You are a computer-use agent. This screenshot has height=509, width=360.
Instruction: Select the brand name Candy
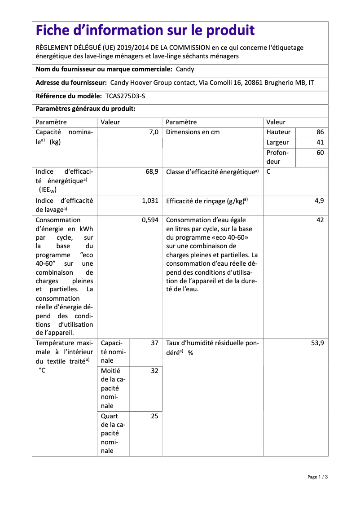coord(185,69)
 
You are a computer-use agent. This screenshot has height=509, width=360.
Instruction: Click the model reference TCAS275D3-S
coord(125,96)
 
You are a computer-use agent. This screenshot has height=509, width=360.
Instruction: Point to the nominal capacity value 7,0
coord(154,132)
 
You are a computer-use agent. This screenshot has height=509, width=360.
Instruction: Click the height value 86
coord(320,132)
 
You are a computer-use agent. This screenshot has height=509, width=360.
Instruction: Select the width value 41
coord(320,142)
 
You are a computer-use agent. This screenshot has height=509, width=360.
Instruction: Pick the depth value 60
coord(320,153)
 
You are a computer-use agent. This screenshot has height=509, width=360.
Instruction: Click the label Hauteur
coord(278,132)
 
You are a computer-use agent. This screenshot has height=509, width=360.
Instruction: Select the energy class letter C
coord(268,172)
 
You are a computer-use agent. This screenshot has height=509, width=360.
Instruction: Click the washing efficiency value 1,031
coord(150,201)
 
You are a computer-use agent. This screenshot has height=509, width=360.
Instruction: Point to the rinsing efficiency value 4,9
coord(319,201)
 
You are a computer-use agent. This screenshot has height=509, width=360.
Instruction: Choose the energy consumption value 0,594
coord(150,220)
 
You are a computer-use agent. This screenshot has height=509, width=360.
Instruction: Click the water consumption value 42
coord(320,220)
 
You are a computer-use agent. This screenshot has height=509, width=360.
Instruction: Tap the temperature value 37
coord(154,342)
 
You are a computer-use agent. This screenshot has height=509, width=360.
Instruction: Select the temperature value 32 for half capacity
coord(154,371)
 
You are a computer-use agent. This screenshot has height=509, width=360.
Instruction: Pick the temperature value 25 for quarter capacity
coord(154,416)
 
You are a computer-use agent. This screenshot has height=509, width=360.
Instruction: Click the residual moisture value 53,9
coord(317,342)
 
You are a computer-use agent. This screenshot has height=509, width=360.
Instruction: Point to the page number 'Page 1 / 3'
coord(317,477)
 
